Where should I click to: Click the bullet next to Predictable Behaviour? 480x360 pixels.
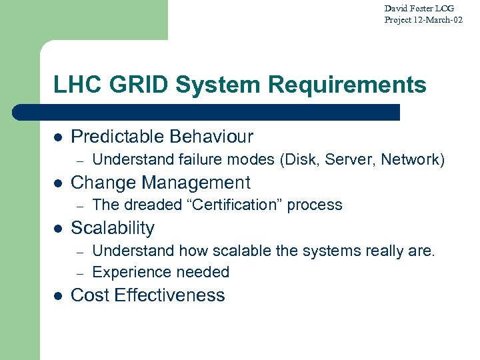click(58, 138)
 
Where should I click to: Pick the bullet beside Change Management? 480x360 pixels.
click(58, 183)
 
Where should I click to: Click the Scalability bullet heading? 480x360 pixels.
click(112, 228)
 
